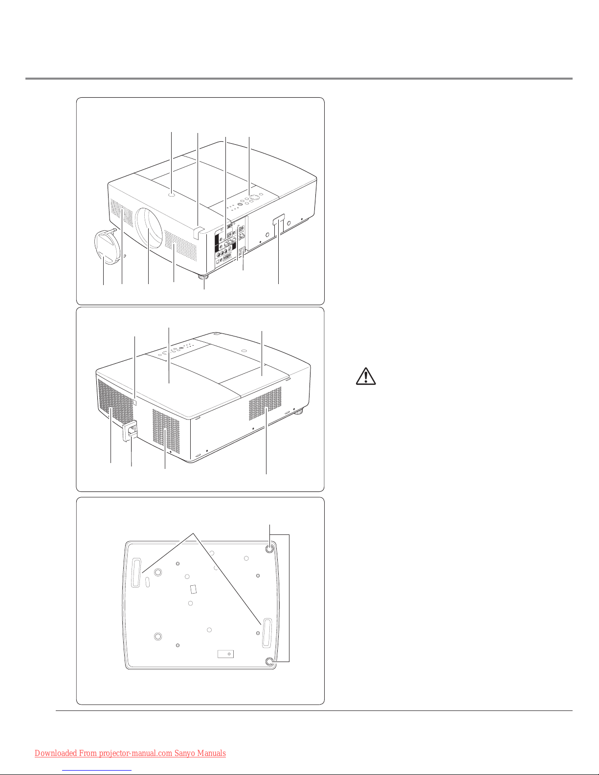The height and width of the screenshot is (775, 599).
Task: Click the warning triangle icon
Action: [x=366, y=376]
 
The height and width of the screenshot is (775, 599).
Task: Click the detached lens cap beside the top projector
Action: [x=107, y=247]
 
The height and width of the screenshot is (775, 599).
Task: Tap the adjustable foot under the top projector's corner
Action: [x=204, y=277]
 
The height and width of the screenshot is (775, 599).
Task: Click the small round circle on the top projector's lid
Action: [x=172, y=195]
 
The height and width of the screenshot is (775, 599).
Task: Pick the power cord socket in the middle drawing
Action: [x=130, y=432]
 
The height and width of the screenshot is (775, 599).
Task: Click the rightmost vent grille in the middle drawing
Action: [x=265, y=403]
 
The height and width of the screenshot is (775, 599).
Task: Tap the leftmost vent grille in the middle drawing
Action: [x=115, y=402]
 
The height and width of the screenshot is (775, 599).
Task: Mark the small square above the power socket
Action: [x=135, y=403]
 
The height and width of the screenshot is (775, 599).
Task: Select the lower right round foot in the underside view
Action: [x=270, y=662]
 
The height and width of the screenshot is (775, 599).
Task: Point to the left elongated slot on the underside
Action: [x=136, y=573]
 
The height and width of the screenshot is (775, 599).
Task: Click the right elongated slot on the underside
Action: [x=267, y=633]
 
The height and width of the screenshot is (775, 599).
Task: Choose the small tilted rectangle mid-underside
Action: [x=193, y=589]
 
